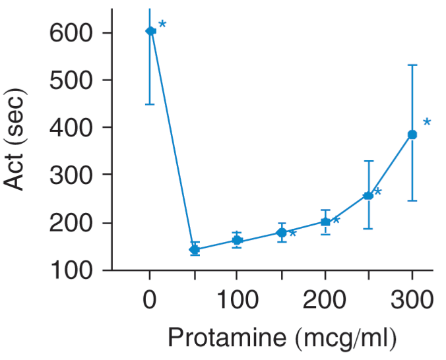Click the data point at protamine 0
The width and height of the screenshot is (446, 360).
(x=150, y=31)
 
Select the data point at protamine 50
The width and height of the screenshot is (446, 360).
(x=194, y=250)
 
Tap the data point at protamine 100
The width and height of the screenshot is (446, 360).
(x=238, y=241)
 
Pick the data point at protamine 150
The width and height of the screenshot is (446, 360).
(x=282, y=233)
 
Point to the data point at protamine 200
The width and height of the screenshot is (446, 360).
(x=325, y=222)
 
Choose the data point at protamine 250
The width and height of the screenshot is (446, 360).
(x=368, y=195)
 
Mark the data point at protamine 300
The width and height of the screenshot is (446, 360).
(x=412, y=135)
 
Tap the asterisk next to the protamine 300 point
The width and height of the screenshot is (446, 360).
(x=427, y=123)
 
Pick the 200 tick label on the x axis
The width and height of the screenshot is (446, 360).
(x=325, y=300)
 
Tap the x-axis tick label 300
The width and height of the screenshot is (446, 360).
(x=412, y=300)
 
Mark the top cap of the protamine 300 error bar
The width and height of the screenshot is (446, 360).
(x=412, y=65)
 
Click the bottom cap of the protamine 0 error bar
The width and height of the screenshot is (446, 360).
(x=150, y=104)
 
